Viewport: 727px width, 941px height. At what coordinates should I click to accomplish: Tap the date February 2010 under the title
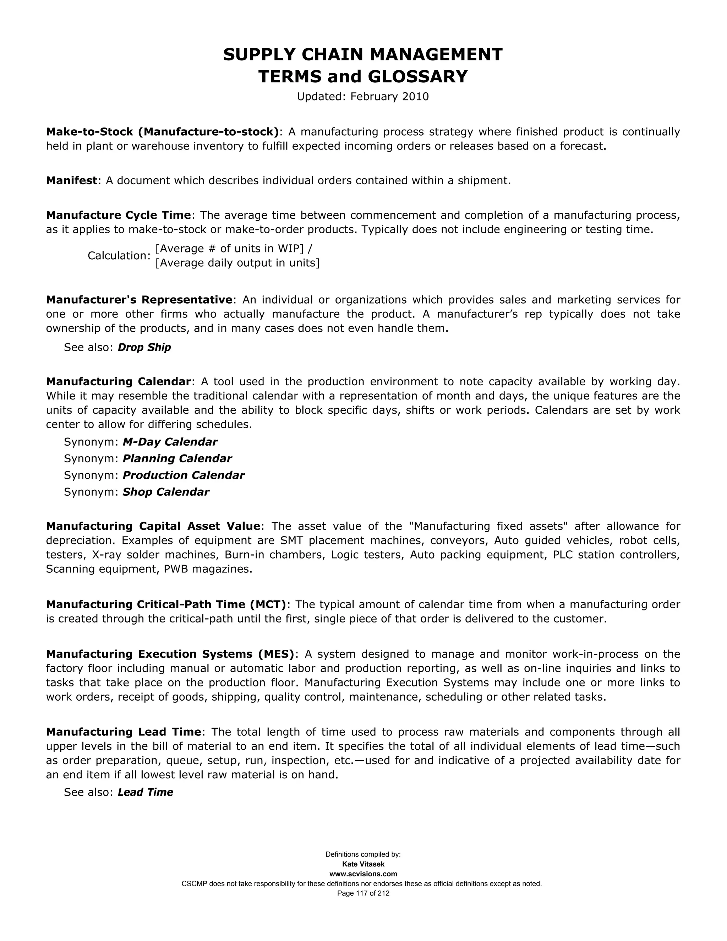pyautogui.click(x=389, y=97)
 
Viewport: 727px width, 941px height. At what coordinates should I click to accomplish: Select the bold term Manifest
pyautogui.click(x=71, y=180)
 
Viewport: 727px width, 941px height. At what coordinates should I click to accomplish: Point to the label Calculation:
pyautogui.click(x=119, y=256)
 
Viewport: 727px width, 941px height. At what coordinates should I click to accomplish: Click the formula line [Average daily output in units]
pyautogui.click(x=237, y=263)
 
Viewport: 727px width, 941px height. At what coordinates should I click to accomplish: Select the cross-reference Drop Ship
pyautogui.click(x=144, y=347)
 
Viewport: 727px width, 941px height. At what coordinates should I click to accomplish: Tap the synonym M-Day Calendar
pyautogui.click(x=170, y=442)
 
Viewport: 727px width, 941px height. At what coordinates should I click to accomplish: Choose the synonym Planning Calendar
pyautogui.click(x=177, y=458)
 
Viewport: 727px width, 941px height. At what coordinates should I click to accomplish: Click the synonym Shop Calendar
pyautogui.click(x=166, y=492)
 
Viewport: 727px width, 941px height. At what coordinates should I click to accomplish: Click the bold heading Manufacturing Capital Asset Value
pyautogui.click(x=153, y=526)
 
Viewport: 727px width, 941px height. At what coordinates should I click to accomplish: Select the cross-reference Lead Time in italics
pyautogui.click(x=145, y=792)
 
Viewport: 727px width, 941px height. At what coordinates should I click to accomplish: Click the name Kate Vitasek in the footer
pyautogui.click(x=363, y=864)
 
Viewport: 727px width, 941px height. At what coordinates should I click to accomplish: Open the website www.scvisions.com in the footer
pyautogui.click(x=363, y=874)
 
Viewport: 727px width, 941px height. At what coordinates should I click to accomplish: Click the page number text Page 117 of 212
pyautogui.click(x=363, y=894)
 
